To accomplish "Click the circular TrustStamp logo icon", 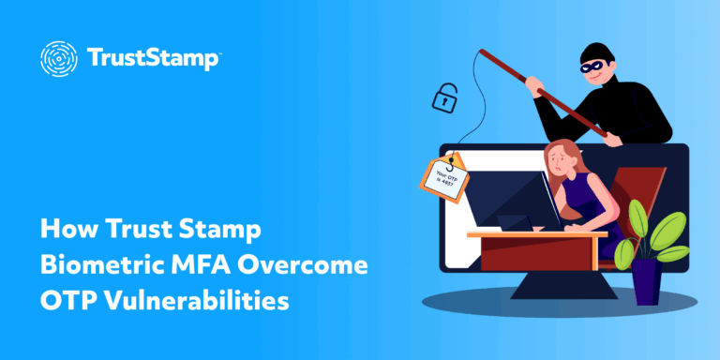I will [58, 58].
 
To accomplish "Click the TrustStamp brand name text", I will [154, 59].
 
